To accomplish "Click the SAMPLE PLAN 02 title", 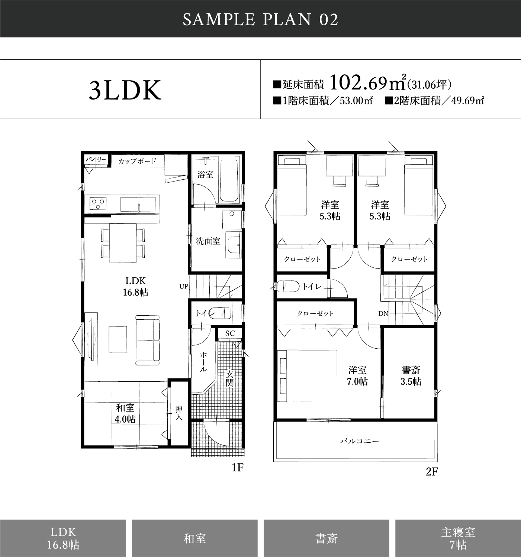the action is coord(260,20).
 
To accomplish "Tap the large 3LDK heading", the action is coord(125,90).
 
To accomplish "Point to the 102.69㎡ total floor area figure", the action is coord(367,83).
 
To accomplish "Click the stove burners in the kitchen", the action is coord(98,203).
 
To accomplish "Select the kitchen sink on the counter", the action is coord(138,204).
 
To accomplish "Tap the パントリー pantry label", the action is coord(96,160).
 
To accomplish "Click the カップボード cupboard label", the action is coord(137,161).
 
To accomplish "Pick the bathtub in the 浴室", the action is coord(229,180).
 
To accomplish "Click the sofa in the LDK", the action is coord(148,341).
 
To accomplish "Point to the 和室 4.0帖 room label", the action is coord(125,413).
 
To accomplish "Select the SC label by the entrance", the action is coord(230,333).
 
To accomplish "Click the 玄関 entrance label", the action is coord(229,379).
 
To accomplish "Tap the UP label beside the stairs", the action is coord(184,286).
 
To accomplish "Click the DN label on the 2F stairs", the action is coord(383,313).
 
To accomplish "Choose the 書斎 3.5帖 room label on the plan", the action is coord(411,376).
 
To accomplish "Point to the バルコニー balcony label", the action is coord(360,441).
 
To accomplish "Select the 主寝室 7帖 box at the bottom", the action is coord(458,538).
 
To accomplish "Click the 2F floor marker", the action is coord(432,472).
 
